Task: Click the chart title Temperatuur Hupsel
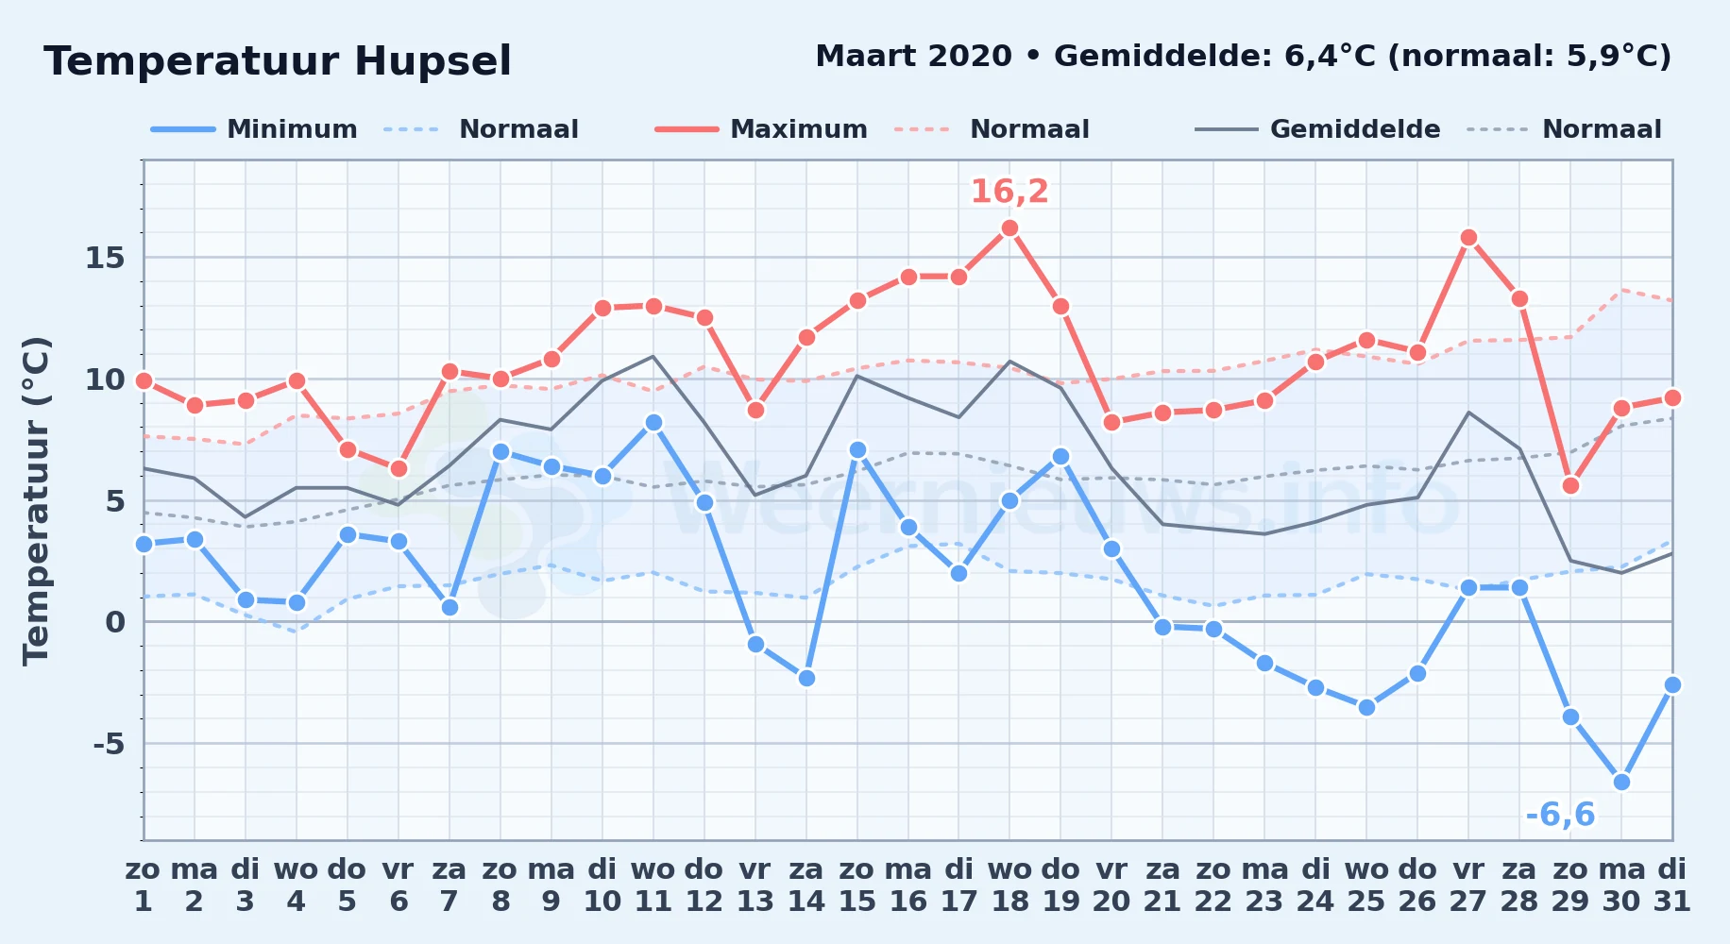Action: (x=278, y=61)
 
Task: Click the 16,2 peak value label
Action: (x=1009, y=192)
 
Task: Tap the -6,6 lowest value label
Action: (x=1560, y=814)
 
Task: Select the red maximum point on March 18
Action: (x=1009, y=228)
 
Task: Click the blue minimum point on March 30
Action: (x=1621, y=782)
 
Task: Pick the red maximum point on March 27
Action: (x=1468, y=237)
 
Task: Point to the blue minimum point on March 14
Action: (x=806, y=678)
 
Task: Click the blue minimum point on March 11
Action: (x=653, y=422)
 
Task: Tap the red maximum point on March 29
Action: (x=1570, y=485)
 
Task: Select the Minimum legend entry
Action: (x=254, y=129)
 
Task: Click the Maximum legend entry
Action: (x=761, y=129)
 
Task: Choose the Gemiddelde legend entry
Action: (x=1317, y=129)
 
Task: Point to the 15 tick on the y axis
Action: (x=105, y=258)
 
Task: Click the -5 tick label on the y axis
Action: (x=109, y=744)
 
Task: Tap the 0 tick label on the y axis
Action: (x=115, y=622)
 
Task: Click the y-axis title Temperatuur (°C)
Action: (x=36, y=500)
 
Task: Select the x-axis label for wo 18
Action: (x=1009, y=885)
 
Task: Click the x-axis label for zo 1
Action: (x=144, y=885)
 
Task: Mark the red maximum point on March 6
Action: (x=399, y=468)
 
